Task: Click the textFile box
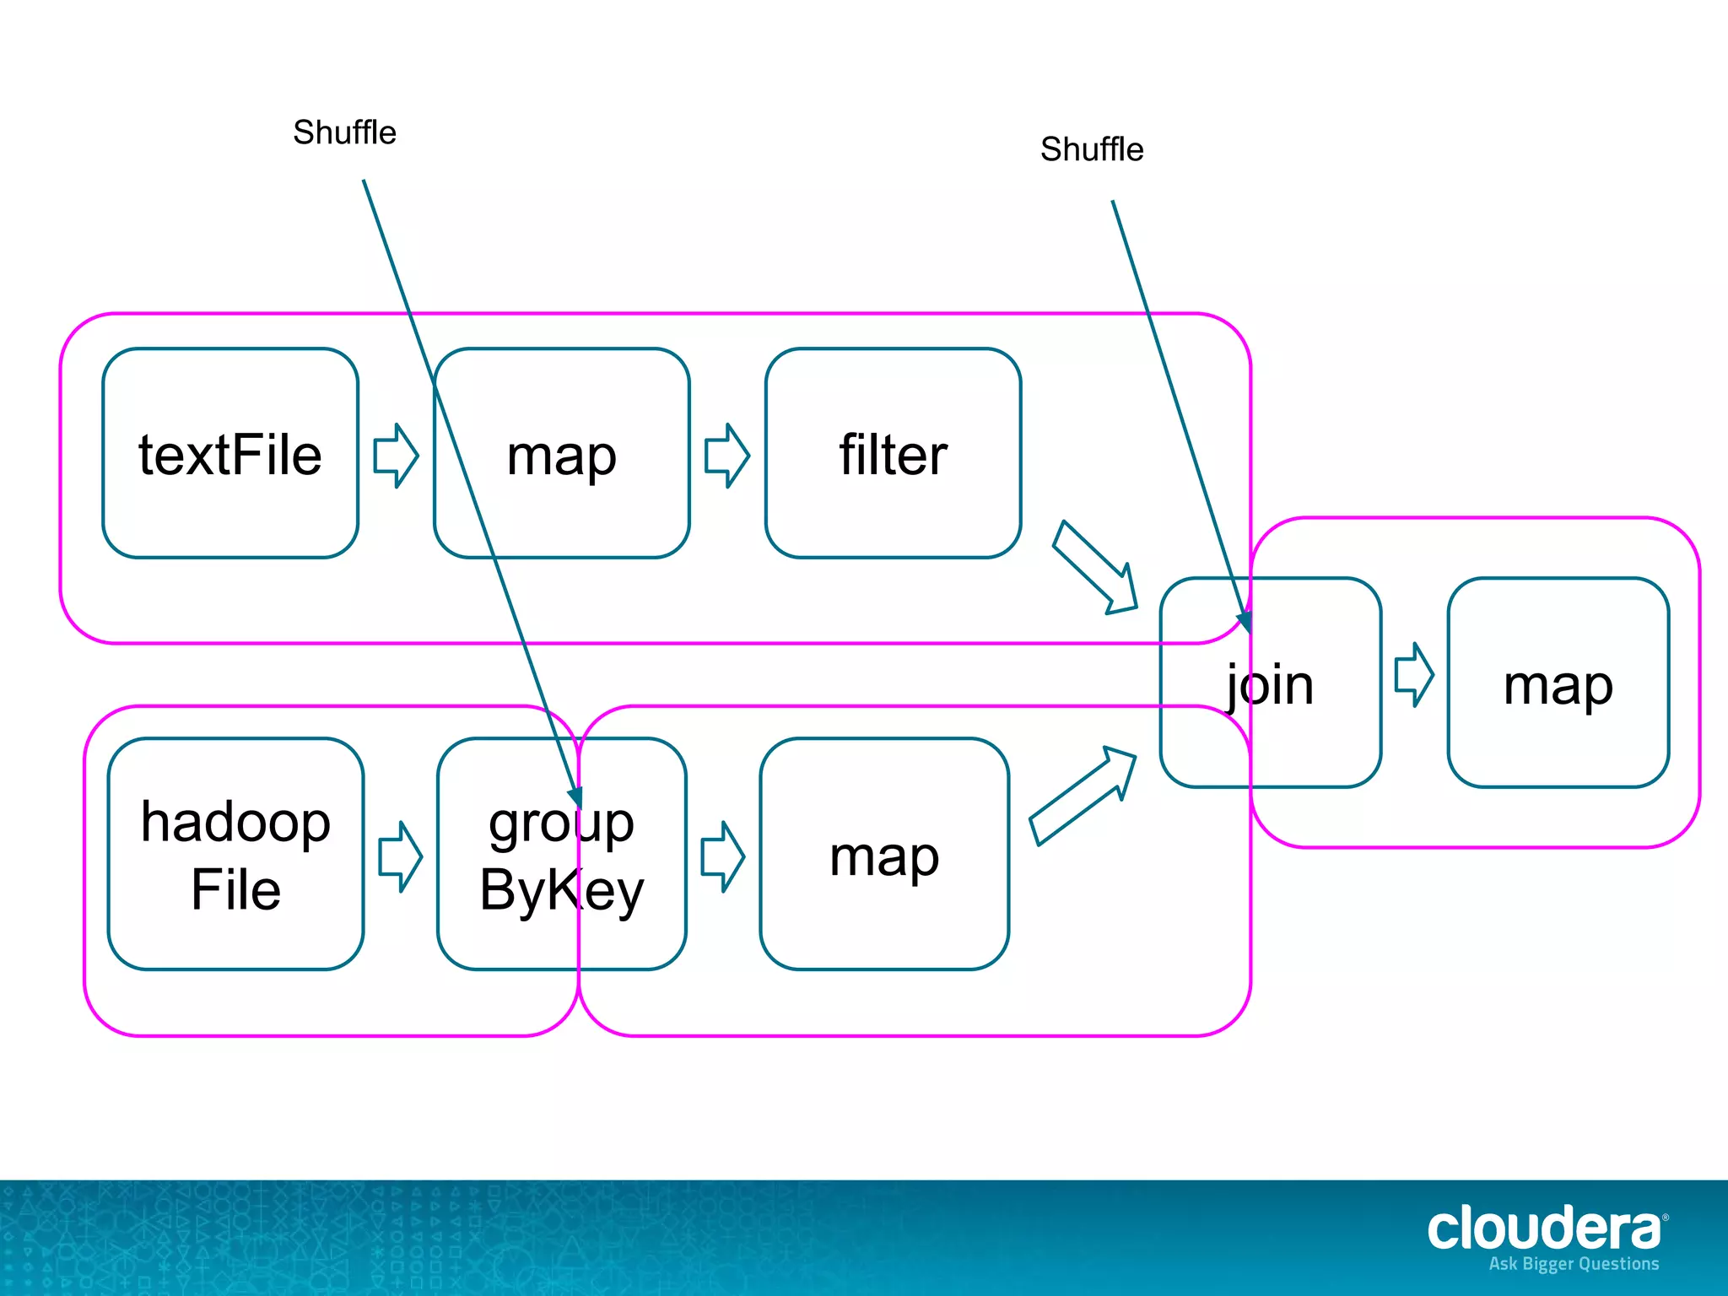(230, 454)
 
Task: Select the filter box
(893, 454)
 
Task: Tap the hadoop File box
(235, 854)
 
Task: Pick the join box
(1270, 683)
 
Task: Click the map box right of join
(1558, 683)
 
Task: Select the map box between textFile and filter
(561, 454)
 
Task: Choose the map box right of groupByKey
(884, 854)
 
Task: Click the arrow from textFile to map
(396, 456)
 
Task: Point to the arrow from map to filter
(726, 456)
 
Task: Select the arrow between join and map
(1413, 675)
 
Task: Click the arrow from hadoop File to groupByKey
(400, 856)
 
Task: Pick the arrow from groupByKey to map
(722, 856)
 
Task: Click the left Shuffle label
(344, 132)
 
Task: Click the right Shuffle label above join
(1091, 149)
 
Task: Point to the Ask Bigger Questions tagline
(1574, 1264)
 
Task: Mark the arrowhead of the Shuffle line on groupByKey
(575, 797)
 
